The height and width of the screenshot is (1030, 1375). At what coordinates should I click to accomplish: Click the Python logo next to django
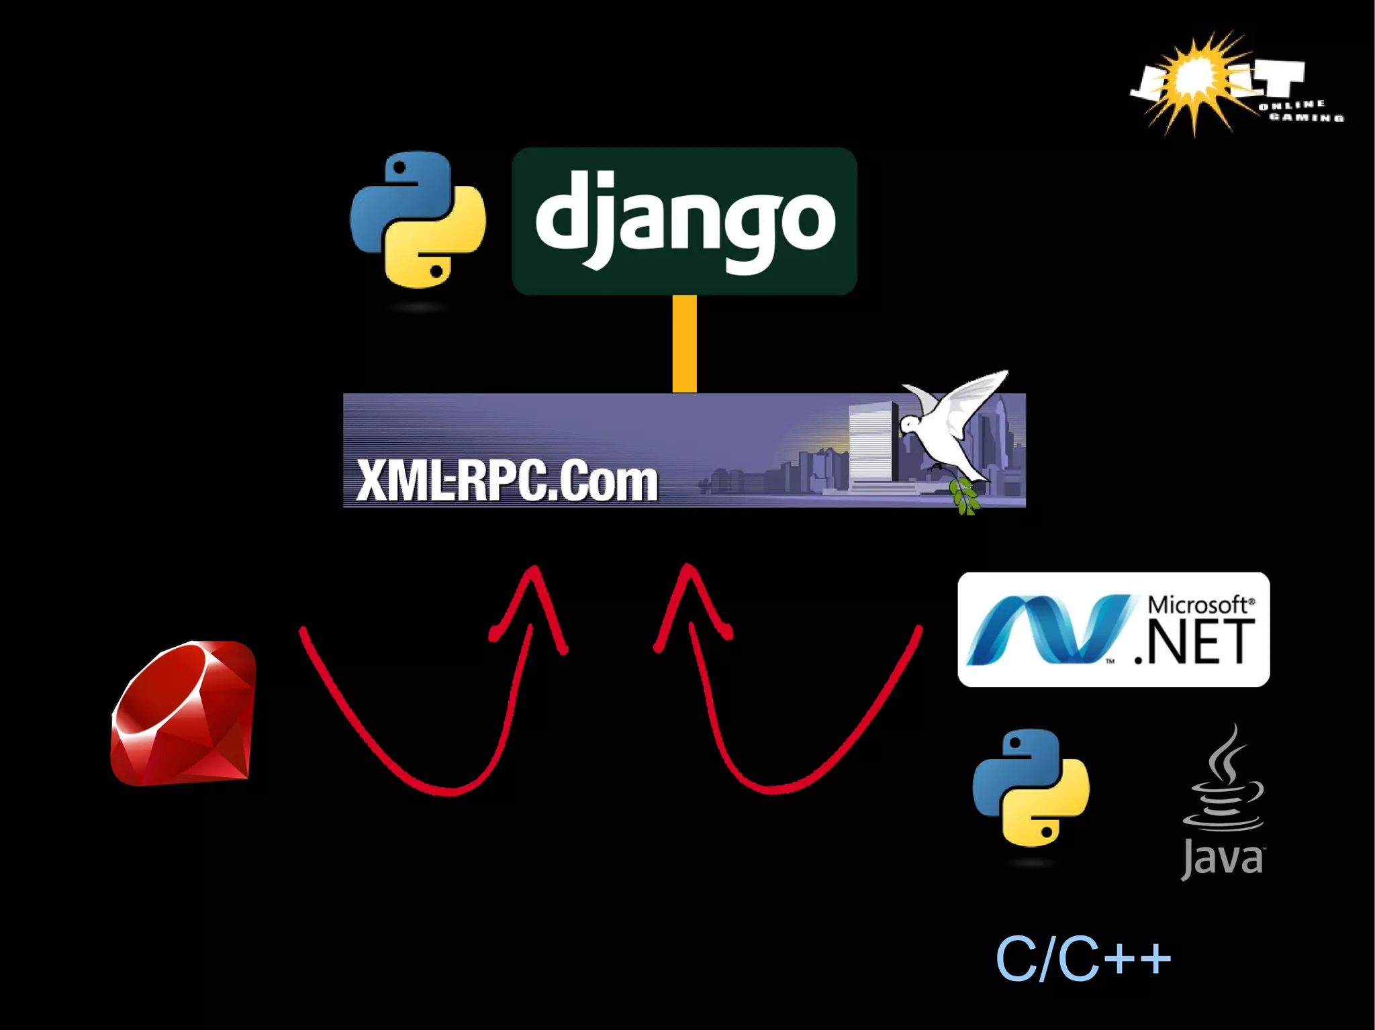[x=418, y=220]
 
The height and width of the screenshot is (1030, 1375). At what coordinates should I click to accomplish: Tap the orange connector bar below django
[x=684, y=344]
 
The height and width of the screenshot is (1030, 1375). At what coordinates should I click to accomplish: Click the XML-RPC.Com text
[x=507, y=480]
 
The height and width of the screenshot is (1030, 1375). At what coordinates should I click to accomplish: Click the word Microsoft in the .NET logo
[x=1198, y=605]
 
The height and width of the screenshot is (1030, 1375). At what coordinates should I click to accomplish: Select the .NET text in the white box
[x=1195, y=642]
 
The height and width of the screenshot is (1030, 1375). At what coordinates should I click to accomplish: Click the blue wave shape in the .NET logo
[x=1047, y=631]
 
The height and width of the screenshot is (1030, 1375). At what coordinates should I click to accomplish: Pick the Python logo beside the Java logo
[x=1031, y=788]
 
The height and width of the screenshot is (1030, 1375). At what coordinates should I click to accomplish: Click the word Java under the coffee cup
[x=1222, y=859]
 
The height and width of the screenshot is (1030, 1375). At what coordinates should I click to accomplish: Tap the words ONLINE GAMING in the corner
[x=1299, y=111]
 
